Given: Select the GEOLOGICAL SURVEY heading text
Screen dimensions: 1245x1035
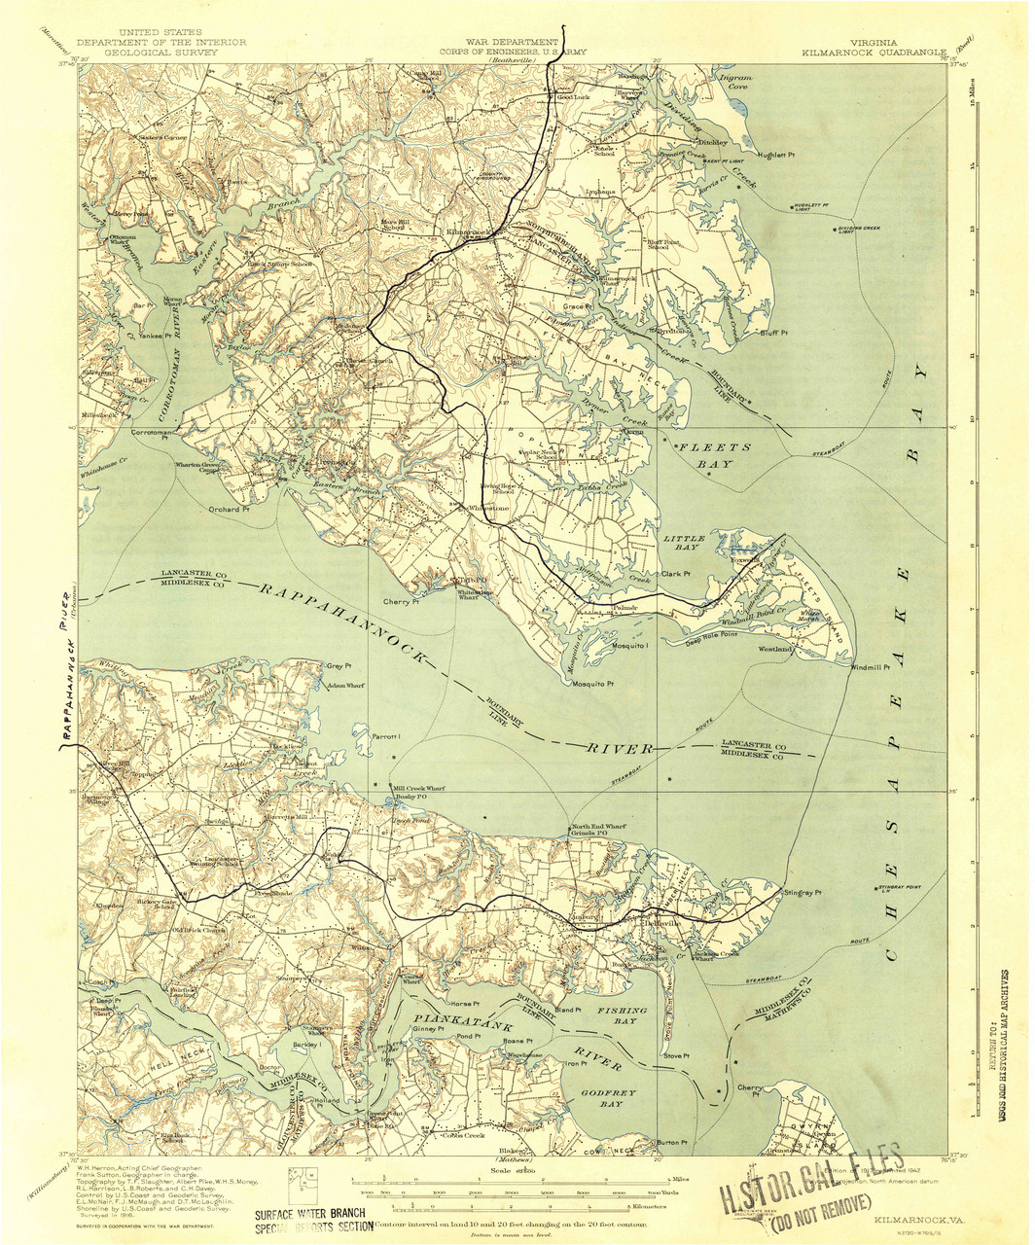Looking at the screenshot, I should click(161, 53).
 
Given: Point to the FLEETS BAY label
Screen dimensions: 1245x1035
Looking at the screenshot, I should click(715, 455).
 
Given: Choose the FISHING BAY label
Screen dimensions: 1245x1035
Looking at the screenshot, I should click(623, 1016).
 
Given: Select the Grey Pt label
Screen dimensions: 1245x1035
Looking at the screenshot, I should click(338, 666).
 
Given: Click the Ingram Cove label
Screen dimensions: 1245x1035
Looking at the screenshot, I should click(732, 81).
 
